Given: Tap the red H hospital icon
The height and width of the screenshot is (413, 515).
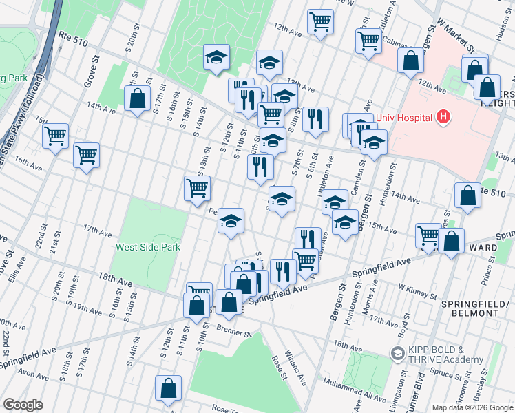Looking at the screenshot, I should pyautogui.click(x=443, y=117).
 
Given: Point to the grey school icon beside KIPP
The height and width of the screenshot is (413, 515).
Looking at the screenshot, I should pyautogui.click(x=397, y=354).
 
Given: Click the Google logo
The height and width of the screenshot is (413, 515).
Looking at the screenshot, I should pyautogui.click(x=23, y=405).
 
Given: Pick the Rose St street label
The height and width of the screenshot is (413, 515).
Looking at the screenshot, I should pyautogui.click(x=279, y=367).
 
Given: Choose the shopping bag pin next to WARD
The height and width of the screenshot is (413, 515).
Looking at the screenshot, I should pyautogui.click(x=451, y=242).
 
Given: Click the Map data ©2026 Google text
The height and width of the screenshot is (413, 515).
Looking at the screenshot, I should pyautogui.click(x=472, y=407).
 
